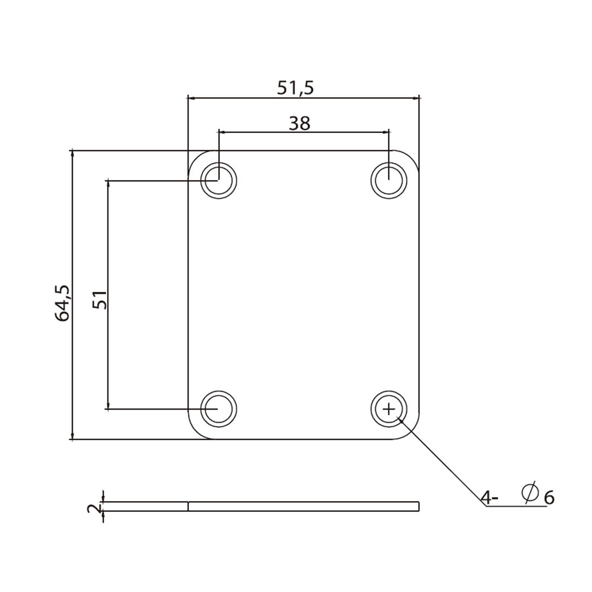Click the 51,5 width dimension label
coord(295,88)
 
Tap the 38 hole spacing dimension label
coord(299,124)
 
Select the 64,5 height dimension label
coord(62,303)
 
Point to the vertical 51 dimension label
coord(100,300)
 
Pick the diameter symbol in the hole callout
coord(529,492)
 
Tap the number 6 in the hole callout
coord(549,498)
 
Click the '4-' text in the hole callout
coord(490,498)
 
